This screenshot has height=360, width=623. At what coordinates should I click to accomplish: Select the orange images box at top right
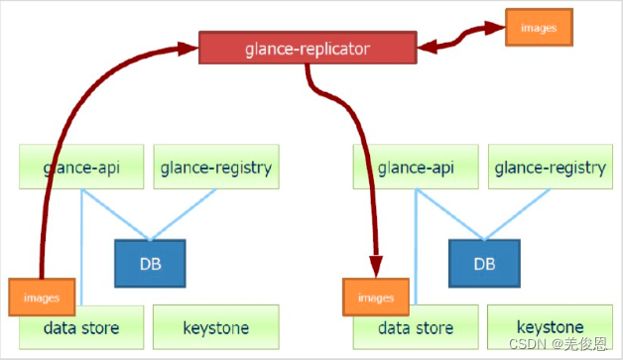[x=539, y=28]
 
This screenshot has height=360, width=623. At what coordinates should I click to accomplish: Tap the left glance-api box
[x=81, y=168]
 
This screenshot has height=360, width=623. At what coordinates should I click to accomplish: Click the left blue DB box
[x=149, y=265]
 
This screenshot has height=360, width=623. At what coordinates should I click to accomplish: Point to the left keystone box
[x=216, y=327]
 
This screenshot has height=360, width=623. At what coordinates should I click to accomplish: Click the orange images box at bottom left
[x=42, y=297]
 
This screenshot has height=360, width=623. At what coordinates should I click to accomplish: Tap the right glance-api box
[x=416, y=168]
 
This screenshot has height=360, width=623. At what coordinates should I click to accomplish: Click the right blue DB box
[x=483, y=265]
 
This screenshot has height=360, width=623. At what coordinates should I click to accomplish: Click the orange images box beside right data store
[x=376, y=297]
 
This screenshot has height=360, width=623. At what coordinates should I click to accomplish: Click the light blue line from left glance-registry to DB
[x=183, y=214]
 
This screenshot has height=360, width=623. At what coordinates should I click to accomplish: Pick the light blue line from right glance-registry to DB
[x=517, y=214]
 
